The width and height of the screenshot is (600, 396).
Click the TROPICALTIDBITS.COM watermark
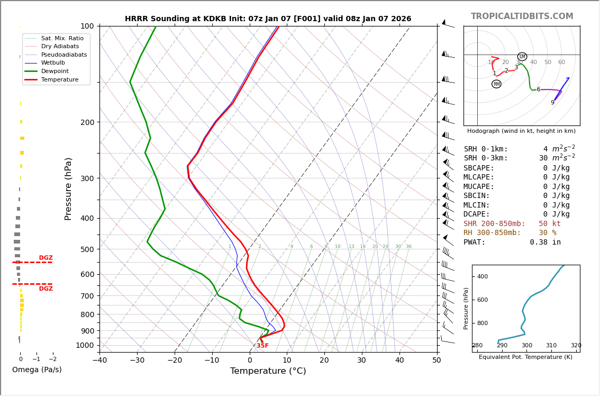522,16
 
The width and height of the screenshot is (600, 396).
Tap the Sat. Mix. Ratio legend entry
62,38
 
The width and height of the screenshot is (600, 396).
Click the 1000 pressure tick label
85,345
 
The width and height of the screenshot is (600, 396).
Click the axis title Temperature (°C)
268,371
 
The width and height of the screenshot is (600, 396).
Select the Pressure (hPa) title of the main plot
69,188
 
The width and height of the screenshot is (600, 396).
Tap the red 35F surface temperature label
262,346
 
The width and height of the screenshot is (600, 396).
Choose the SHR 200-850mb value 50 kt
549,224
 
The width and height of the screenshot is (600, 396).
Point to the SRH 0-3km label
485,158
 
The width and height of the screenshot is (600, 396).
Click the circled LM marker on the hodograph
522,57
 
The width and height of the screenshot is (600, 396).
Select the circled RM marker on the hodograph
496,84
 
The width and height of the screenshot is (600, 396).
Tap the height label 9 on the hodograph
552,103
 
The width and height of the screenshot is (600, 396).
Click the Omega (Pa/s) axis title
37,370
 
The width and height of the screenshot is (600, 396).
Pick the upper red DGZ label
46,258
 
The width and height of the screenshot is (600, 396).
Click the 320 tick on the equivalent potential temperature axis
576,346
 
